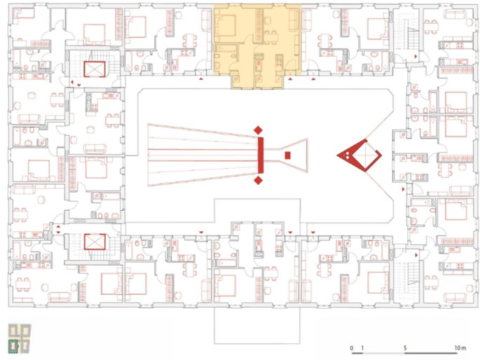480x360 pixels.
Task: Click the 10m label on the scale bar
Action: pos(460,348)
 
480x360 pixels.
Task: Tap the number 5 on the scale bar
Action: pos(406,348)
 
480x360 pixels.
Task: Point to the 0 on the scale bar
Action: pos(352,348)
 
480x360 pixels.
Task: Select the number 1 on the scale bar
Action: pos(363,348)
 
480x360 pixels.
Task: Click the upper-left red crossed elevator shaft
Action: pos(94,69)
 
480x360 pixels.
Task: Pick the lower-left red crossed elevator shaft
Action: pos(94,242)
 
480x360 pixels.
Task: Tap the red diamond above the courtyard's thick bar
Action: pos(259,130)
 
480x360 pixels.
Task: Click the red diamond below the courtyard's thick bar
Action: pos(259,181)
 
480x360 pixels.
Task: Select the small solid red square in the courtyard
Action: pos(288,155)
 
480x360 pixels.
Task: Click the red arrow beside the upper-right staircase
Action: pos(418,53)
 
